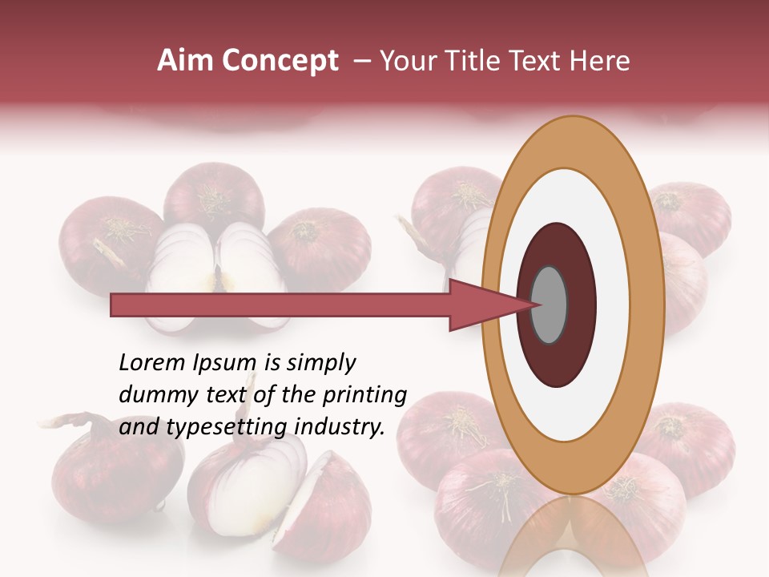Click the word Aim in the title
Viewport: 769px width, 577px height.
click(x=187, y=61)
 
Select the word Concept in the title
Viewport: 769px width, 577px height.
click(x=280, y=62)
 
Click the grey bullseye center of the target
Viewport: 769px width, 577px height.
click(x=550, y=305)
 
